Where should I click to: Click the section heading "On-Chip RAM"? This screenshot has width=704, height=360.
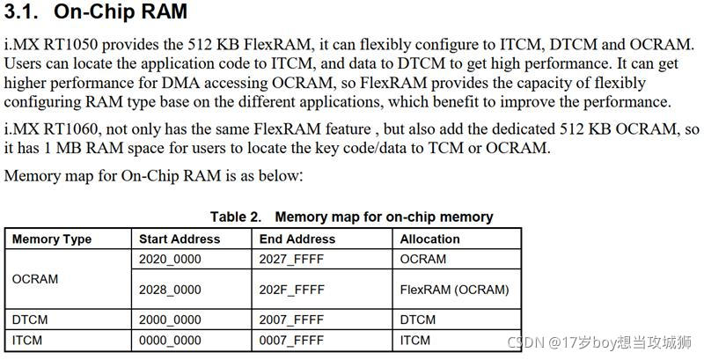121,12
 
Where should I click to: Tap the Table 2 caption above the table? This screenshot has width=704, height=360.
351,217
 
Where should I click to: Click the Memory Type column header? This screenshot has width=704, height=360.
52,239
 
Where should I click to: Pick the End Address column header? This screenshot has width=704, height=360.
297,239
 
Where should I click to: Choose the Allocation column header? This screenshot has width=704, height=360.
430,239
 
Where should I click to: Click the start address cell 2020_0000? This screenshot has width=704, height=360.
170,259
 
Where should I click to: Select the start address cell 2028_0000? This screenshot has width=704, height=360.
170,290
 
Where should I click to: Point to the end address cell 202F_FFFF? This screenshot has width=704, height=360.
291,290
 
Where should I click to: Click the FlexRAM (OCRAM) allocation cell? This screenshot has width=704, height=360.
454,290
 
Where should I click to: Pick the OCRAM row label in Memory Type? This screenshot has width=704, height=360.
35,278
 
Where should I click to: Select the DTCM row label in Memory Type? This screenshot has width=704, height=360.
30,320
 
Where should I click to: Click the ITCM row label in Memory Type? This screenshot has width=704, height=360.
28,340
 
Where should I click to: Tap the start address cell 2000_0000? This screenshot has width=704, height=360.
170,320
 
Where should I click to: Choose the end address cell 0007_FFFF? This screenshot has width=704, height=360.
291,340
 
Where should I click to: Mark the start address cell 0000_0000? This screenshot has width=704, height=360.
170,340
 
